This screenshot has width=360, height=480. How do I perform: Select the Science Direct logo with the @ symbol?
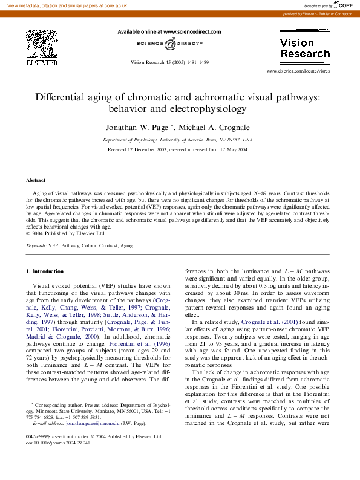169,44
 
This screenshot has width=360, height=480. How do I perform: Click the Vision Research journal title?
304,48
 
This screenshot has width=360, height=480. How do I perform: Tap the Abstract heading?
36,181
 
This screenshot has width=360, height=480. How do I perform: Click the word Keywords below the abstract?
36,246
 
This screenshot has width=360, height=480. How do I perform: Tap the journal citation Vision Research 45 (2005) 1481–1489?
169,63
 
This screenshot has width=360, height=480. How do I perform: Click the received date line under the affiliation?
178,149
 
